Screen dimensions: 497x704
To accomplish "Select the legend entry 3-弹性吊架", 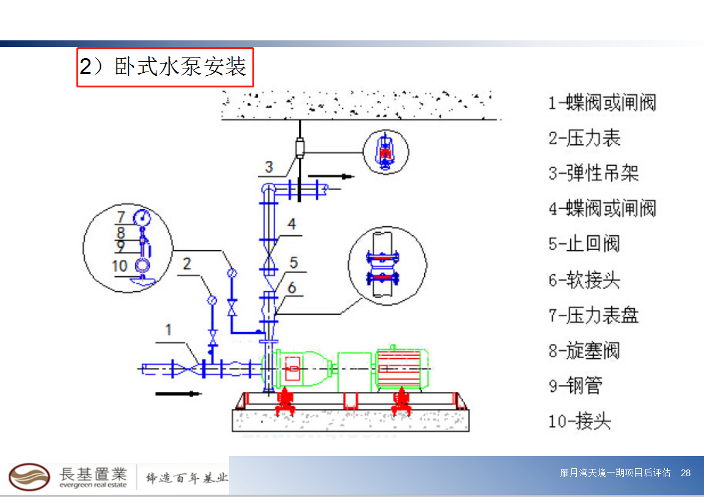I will coord(593,173).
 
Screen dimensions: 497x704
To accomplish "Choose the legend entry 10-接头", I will coord(580,421).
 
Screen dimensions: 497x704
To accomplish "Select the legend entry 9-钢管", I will coord(576,385).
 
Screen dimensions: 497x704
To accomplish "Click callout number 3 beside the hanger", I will coord(269,166).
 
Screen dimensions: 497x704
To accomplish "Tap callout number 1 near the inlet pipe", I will coord(168,331).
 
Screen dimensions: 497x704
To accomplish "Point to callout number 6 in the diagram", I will coord(292,287).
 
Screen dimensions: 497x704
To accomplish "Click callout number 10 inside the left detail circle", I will coord(120,266).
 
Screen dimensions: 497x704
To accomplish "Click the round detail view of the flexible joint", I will coord(387,265).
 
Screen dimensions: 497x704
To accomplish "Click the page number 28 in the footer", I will coord(686,473).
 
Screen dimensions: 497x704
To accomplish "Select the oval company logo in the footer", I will coord(29,477).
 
